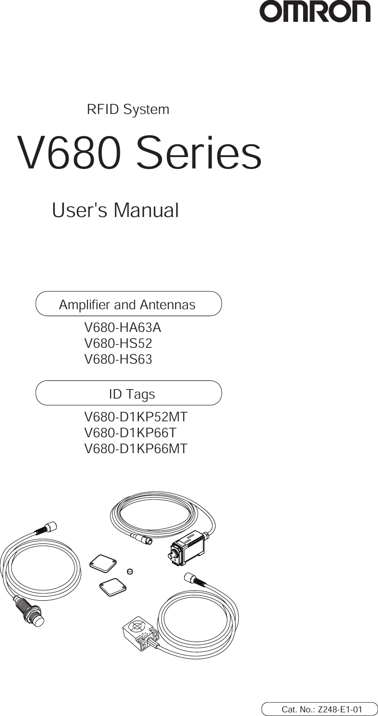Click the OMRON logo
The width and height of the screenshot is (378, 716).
coord(315,12)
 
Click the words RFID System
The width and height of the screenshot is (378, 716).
coord(128,109)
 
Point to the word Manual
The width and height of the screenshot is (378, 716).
coord(146,210)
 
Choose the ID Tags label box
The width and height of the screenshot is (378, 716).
coord(128,394)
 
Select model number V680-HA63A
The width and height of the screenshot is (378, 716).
coord(123,327)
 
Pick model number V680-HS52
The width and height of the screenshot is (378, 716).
coord(118,344)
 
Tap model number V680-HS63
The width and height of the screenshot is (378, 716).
coord(118,360)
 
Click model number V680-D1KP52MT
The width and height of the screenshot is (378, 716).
coord(136,417)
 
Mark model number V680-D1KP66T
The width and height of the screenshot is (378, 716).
coord(131,433)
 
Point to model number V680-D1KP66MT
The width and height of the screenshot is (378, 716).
coord(136,449)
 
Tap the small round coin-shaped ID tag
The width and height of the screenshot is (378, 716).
coord(130,571)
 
